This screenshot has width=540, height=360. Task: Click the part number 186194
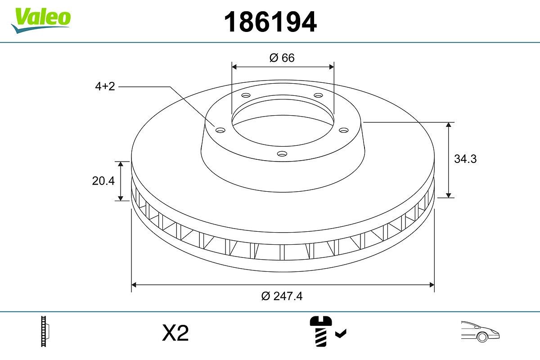[270, 22]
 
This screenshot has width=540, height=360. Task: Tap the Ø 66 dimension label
[282, 58]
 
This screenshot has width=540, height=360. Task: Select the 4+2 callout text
[105, 86]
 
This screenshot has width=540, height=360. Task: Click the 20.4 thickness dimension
[103, 181]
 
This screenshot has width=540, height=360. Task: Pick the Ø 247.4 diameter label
[282, 296]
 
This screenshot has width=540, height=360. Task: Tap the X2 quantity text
[175, 333]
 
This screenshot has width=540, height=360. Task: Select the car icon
[480, 332]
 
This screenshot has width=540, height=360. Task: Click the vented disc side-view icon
[45, 332]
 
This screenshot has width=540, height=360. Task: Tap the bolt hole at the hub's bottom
[282, 153]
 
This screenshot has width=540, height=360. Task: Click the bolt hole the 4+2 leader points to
[220, 130]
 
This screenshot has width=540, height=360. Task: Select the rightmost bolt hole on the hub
[344, 130]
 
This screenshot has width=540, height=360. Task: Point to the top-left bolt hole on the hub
[245, 95]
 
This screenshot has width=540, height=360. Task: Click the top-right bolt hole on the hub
[319, 95]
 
